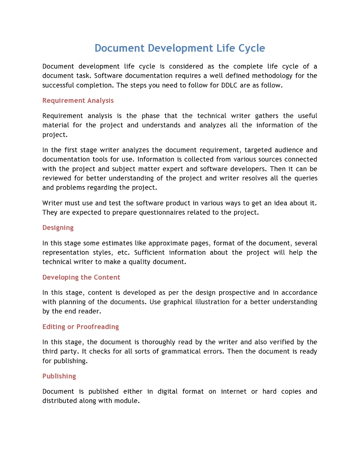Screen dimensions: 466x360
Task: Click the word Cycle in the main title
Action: click(x=251, y=48)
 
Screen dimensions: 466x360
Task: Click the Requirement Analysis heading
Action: click(x=78, y=100)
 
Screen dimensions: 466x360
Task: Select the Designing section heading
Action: click(x=58, y=228)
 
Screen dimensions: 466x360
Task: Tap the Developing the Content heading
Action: click(x=81, y=277)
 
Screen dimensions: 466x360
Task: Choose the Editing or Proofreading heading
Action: click(x=80, y=327)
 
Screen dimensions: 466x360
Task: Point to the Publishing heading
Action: click(x=59, y=376)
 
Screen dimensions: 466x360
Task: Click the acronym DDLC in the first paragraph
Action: click(x=229, y=85)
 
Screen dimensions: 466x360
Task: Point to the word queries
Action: click(x=306, y=178)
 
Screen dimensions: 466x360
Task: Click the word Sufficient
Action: click(x=149, y=253)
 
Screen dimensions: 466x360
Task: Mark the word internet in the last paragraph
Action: click(x=233, y=391)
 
